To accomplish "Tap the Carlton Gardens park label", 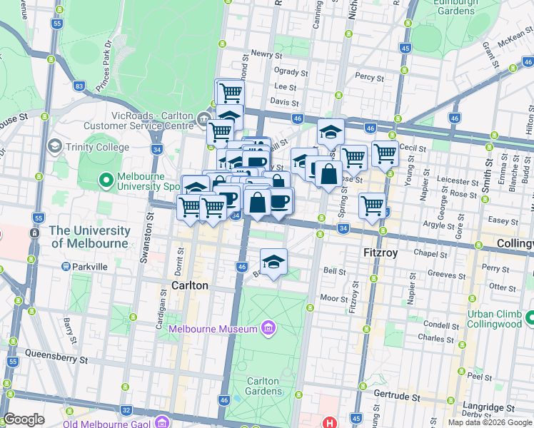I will (262, 387).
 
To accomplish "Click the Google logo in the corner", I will (24, 419).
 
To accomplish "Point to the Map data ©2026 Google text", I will (490, 422).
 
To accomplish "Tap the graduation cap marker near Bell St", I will (273, 263).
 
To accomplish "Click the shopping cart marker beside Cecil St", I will (385, 153).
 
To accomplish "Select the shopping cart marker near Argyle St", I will (372, 205).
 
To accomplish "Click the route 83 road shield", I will (79, 86).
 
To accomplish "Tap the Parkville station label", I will (89, 267).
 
